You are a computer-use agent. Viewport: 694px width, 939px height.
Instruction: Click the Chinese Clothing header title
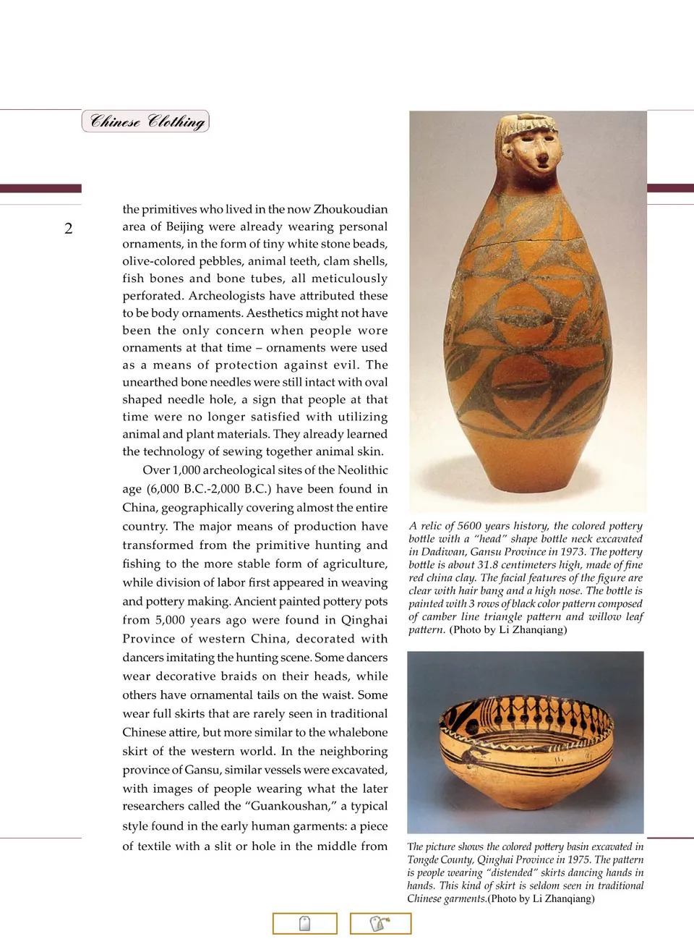[146, 122]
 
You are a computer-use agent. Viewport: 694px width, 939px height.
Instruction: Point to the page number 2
[69, 229]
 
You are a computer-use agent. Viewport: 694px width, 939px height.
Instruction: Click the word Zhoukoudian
[351, 209]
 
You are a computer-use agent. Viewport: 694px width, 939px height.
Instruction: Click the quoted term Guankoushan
[289, 806]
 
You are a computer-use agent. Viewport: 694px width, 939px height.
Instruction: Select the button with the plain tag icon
[305, 924]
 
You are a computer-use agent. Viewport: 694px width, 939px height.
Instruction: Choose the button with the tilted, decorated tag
[380, 924]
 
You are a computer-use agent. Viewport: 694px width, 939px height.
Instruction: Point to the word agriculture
[344, 564]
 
